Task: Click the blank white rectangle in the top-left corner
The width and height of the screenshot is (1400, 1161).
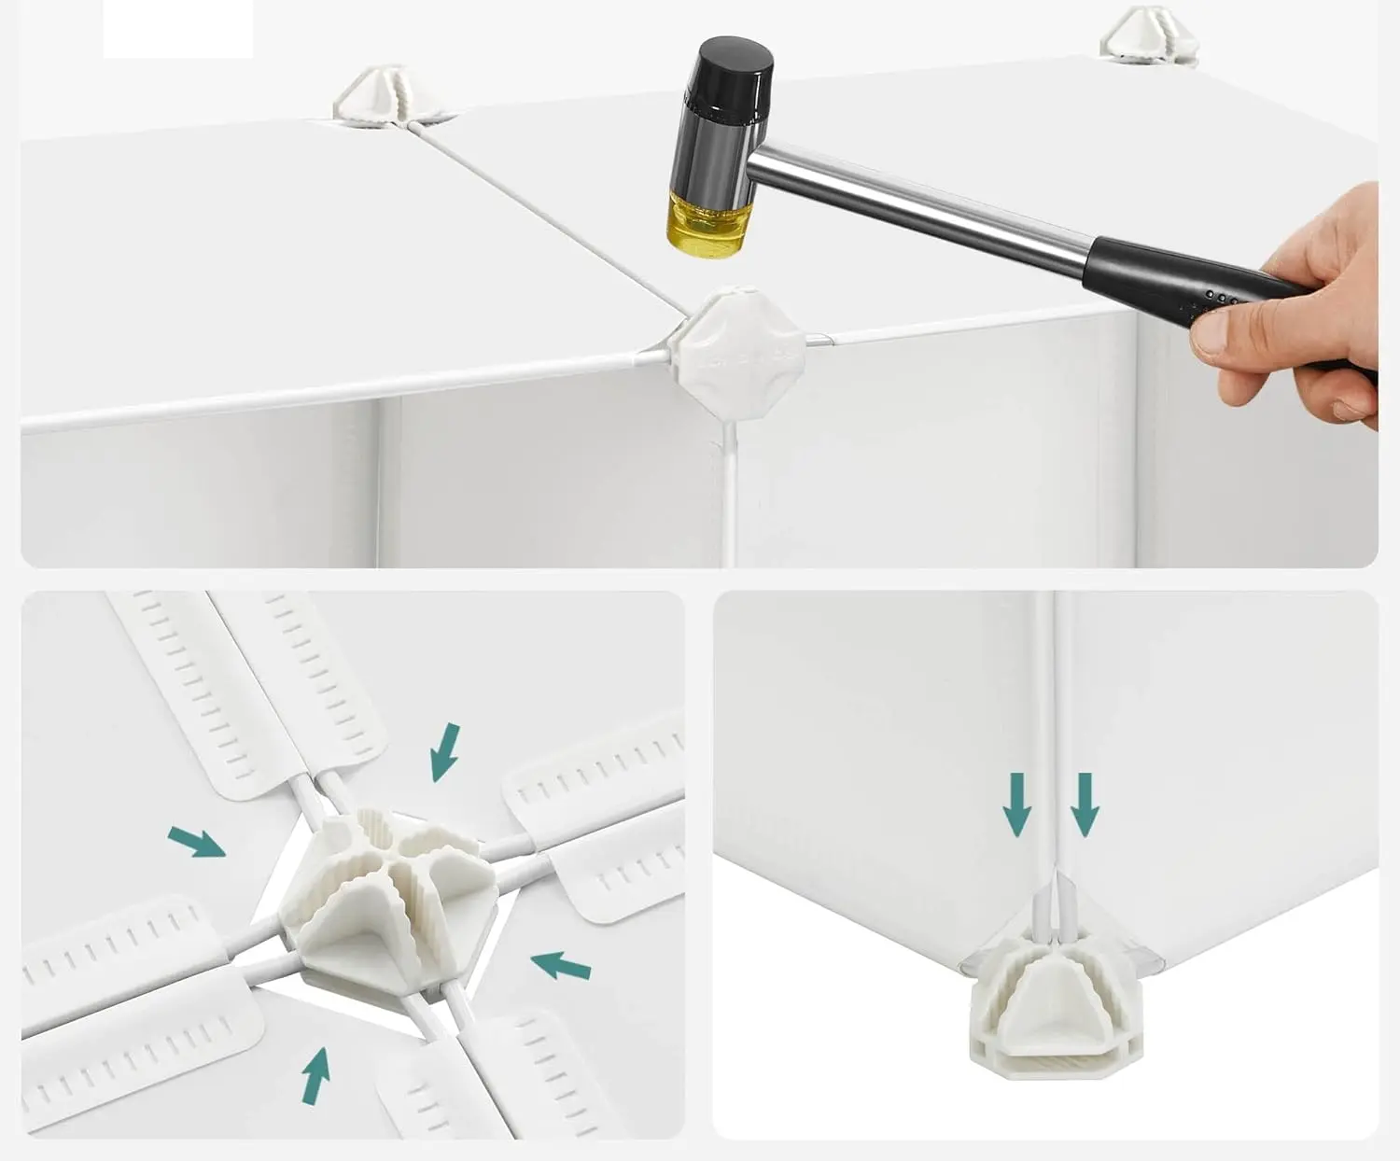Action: (x=177, y=28)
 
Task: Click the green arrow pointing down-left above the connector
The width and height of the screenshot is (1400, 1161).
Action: (x=445, y=751)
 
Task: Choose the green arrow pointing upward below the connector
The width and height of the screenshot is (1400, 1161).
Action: (x=316, y=1075)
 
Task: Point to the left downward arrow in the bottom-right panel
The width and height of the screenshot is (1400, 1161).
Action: (x=1017, y=804)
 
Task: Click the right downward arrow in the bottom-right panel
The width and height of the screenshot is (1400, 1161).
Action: (x=1084, y=804)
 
